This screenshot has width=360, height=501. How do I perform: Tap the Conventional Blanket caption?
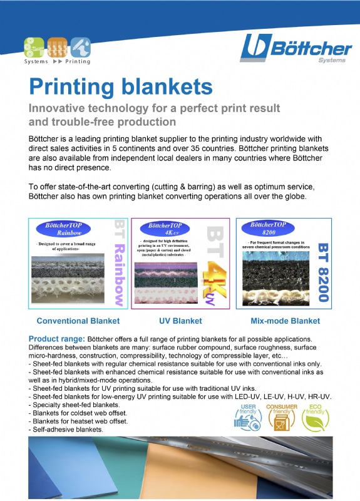click(x=78, y=321)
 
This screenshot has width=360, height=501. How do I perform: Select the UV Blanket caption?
click(x=180, y=321)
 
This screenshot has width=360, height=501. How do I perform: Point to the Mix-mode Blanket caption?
click(x=285, y=321)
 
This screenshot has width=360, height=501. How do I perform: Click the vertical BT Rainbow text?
click(x=117, y=262)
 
